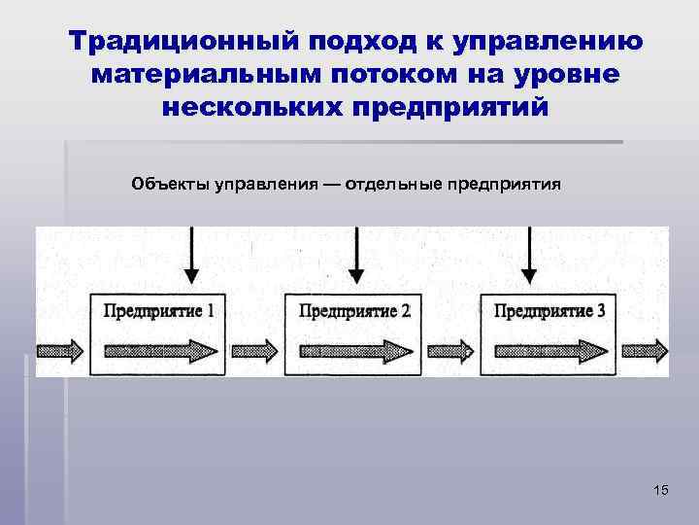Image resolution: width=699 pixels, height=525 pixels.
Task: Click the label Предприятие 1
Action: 159,311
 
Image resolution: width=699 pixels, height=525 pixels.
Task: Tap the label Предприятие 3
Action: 549,311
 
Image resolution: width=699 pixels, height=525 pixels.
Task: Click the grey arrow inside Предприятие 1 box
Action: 159,349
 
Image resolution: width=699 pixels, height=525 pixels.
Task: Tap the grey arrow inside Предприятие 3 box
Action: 549,349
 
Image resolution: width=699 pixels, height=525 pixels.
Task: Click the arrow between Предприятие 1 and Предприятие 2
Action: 257,349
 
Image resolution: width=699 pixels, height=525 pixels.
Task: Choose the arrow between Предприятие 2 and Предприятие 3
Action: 451,349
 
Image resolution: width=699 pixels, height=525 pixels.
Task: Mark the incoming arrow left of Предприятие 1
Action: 60,349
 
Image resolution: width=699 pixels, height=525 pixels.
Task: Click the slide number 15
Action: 660,490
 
